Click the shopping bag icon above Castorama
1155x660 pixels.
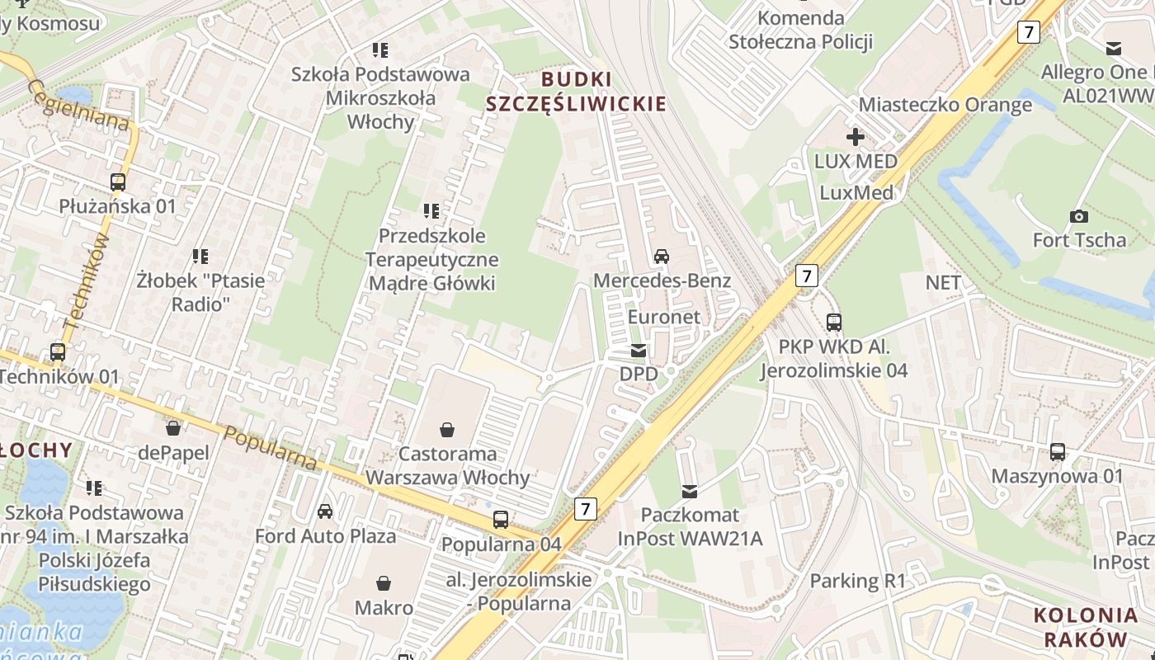pyautogui.click(x=447, y=430)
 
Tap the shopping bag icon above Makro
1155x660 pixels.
pyautogui.click(x=384, y=584)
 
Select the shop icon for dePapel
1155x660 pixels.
pyautogui.click(x=173, y=428)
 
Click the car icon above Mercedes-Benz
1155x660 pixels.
pyautogui.click(x=662, y=256)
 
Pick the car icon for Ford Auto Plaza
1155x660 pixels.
pyautogui.click(x=325, y=511)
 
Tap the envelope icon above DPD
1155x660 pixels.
pyautogui.click(x=639, y=351)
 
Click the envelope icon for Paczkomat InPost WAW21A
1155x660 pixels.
pyautogui.click(x=690, y=492)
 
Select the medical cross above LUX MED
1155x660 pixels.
pyautogui.click(x=856, y=137)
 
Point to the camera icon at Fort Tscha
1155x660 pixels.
pyautogui.click(x=1078, y=216)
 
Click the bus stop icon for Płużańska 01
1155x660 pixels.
pyautogui.click(x=118, y=182)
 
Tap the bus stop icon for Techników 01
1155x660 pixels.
pyautogui.click(x=58, y=352)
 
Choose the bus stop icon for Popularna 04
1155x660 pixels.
pyautogui.click(x=501, y=520)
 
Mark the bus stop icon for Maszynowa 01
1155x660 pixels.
pyautogui.click(x=1058, y=452)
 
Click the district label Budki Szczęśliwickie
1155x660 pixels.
pyautogui.click(x=576, y=92)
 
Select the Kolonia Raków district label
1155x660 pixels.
pyautogui.click(x=1085, y=627)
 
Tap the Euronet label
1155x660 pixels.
pyautogui.click(x=663, y=317)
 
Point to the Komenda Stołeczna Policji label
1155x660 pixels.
pyautogui.click(x=800, y=30)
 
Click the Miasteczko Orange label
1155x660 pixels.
pyautogui.click(x=945, y=105)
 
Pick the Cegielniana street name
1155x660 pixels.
pyautogui.click(x=79, y=105)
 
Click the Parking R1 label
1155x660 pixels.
pyautogui.click(x=857, y=581)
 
